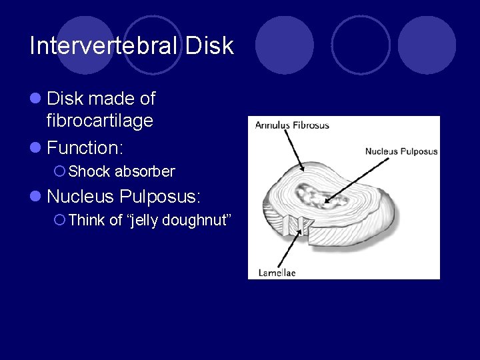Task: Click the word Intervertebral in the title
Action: point(104,45)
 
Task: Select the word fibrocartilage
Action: point(100,121)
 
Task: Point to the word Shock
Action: point(89,171)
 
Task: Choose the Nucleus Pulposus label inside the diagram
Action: point(401,151)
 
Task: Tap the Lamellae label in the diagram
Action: point(277,272)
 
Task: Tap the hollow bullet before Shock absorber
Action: point(59,172)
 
